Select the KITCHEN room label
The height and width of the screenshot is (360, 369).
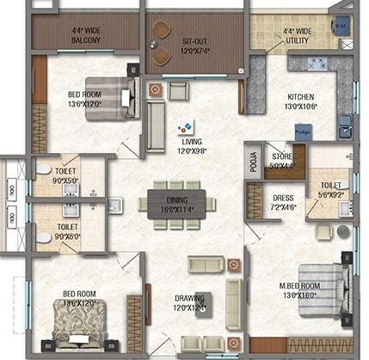301,97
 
